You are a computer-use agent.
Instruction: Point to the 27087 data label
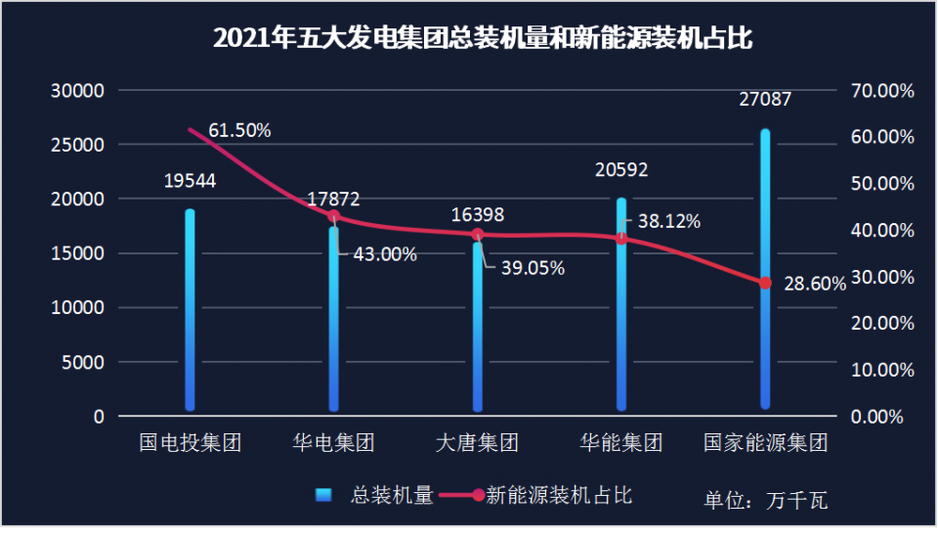765,99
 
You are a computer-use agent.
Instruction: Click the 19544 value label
191,181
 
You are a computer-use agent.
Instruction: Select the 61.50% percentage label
239,130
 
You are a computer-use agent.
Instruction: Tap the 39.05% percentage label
533,269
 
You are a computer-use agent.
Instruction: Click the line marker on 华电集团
334,217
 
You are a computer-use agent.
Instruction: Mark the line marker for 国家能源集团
765,284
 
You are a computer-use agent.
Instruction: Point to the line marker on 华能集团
621,238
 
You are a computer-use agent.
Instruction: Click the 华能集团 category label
621,443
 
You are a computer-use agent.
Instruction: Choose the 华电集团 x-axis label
334,443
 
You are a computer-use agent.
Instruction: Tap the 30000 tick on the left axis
77,91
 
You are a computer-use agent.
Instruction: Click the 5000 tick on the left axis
82,363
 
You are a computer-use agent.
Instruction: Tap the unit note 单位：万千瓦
765,502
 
